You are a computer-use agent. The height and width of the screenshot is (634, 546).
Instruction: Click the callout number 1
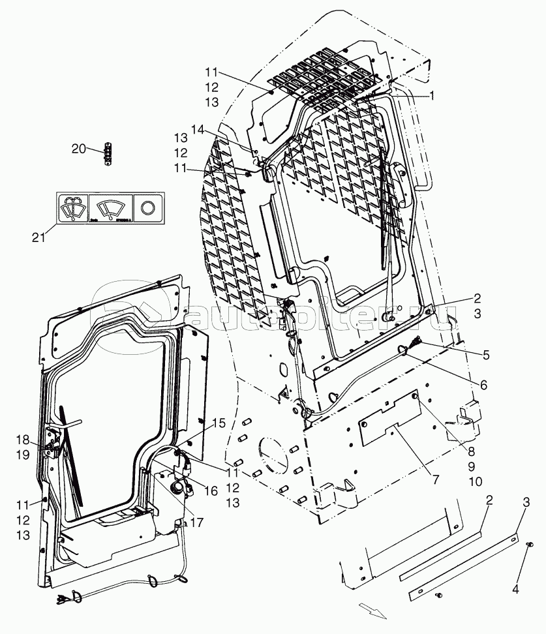coord(431,95)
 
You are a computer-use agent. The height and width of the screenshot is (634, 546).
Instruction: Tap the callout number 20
coord(78,149)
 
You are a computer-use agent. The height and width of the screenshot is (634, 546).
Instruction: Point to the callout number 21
coord(39,238)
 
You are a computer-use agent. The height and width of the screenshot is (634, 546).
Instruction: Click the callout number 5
coord(485,355)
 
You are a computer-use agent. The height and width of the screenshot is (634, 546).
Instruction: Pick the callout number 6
coord(483,385)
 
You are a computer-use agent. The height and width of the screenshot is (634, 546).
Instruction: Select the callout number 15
coord(219,423)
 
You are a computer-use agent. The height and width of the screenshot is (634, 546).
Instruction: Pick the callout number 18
coord(23,439)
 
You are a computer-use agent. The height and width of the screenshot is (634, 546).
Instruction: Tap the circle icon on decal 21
coord(148,208)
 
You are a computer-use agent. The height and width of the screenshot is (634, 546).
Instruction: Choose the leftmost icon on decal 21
coord(72,208)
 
